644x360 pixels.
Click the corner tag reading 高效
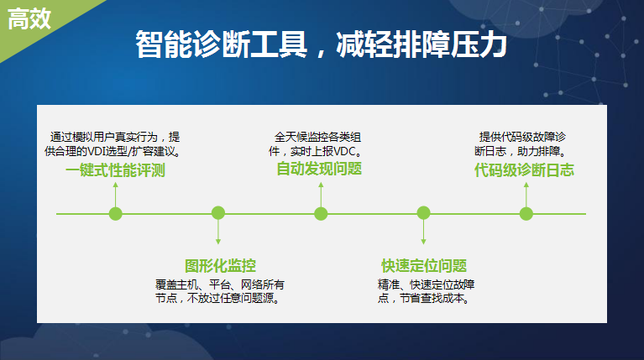click(29, 19)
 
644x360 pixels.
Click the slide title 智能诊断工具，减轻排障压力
click(321, 44)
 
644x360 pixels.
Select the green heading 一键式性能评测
click(115, 170)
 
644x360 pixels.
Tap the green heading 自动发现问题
click(319, 169)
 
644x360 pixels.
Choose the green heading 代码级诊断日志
click(524, 170)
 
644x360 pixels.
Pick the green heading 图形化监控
click(220, 265)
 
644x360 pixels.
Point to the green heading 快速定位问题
click(424, 265)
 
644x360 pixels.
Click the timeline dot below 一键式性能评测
click(115, 213)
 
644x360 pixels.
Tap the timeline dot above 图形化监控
click(218, 213)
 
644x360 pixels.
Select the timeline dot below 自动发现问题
click(321, 213)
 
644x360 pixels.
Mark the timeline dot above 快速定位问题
click(423, 213)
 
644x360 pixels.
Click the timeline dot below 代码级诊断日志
click(526, 213)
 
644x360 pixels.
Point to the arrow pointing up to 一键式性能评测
click(115, 195)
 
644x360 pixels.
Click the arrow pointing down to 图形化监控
click(218, 232)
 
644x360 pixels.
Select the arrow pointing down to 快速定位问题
click(423, 232)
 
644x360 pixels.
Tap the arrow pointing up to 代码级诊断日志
click(526, 195)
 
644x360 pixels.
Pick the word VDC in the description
click(344, 152)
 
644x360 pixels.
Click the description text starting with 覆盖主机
click(220, 291)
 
